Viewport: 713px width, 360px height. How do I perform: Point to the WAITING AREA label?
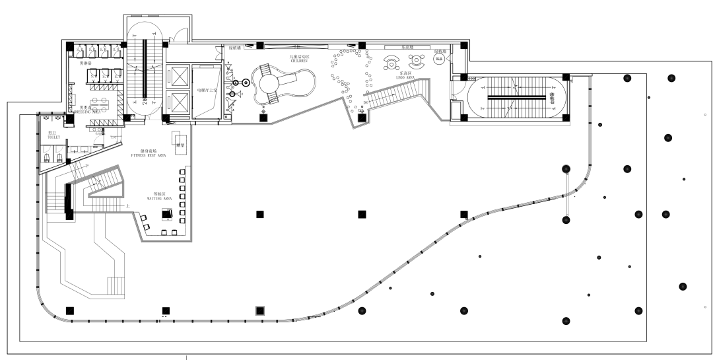[x=158, y=197]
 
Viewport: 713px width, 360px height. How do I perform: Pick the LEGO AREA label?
[x=405, y=77]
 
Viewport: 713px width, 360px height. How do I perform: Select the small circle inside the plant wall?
[x=438, y=59]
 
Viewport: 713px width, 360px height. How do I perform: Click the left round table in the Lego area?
[x=391, y=64]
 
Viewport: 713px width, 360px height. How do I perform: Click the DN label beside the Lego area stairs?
[x=361, y=113]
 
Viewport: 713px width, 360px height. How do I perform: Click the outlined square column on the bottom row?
[x=260, y=310]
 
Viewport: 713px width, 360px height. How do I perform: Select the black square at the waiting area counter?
[x=166, y=214]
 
